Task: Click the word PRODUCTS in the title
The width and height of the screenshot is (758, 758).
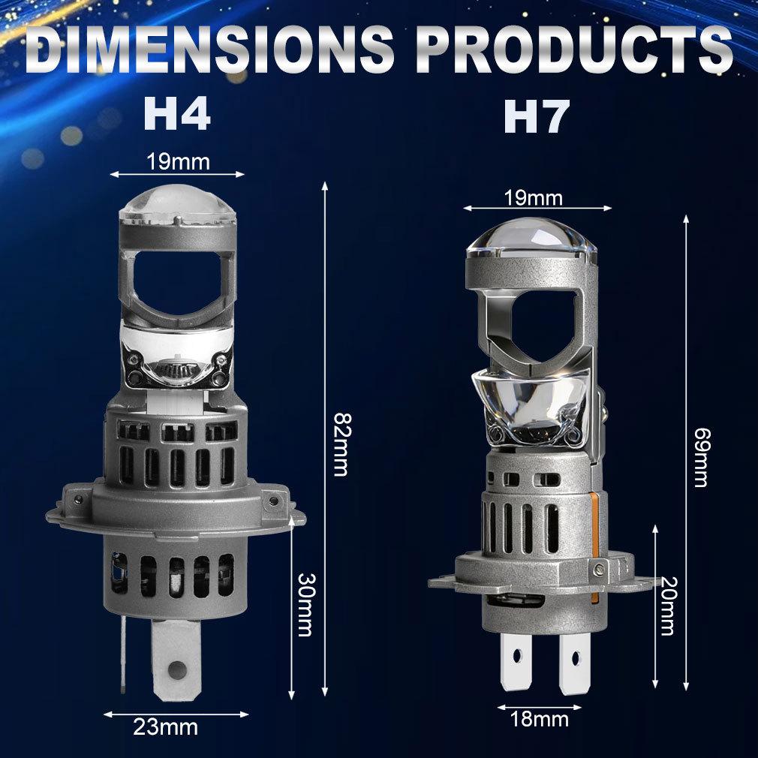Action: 574,51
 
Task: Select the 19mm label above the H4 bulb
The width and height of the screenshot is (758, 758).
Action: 177,161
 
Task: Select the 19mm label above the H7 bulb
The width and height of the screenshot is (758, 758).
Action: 534,198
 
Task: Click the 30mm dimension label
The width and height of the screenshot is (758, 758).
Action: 304,605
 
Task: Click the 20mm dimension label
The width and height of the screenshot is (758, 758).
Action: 666,606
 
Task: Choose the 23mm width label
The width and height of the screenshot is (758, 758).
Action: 166,726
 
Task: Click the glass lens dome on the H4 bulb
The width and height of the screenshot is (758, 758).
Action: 177,203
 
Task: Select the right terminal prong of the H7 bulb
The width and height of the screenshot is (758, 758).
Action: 573,660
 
